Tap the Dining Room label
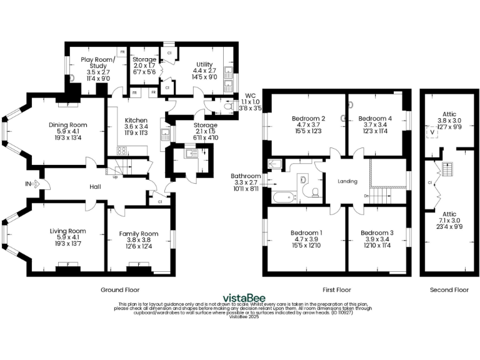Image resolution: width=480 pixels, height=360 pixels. [67, 125]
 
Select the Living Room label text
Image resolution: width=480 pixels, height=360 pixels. [67, 231]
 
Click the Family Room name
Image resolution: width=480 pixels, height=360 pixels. [137, 234]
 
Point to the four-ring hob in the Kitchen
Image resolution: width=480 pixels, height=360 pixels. [121, 150]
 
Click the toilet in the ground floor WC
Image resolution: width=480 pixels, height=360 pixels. [227, 106]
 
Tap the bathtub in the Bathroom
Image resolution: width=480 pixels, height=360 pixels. [284, 198]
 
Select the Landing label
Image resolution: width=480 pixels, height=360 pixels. [347, 182]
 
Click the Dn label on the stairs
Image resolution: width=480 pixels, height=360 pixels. [366, 196]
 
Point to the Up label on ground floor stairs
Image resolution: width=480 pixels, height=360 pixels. [115, 177]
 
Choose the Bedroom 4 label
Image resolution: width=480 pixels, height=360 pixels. [376, 118]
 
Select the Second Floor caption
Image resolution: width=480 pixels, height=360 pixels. [449, 290]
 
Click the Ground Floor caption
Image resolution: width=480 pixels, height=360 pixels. [120, 290]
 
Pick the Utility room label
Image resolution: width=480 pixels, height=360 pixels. [204, 64]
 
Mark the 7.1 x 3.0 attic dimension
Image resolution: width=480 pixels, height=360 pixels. [449, 221]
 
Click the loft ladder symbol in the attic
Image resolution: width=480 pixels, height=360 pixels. [446, 169]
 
